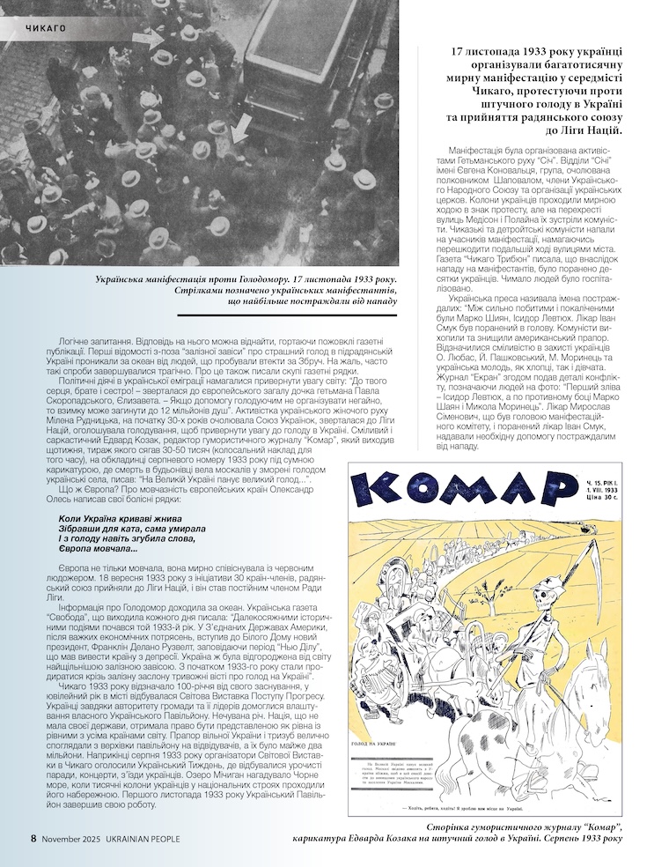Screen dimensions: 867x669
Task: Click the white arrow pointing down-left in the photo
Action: click(x=239, y=130)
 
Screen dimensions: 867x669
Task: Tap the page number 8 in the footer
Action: click(x=34, y=838)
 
